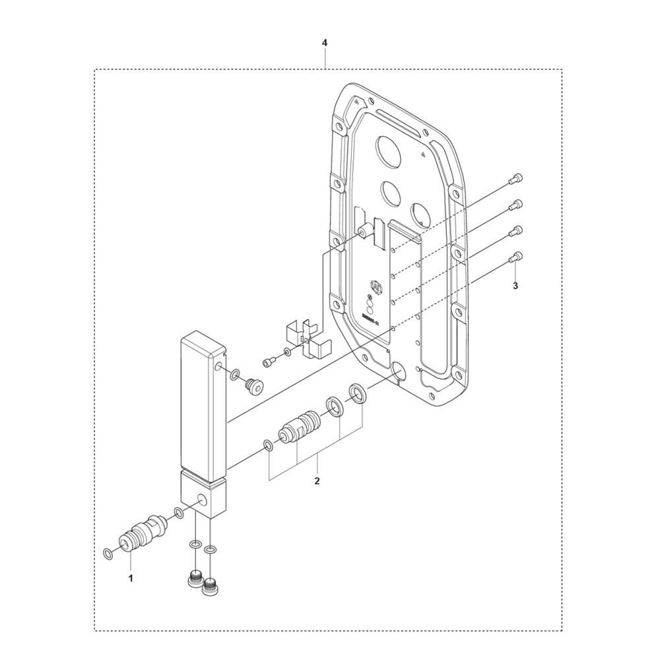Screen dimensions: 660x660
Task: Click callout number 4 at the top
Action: [324, 43]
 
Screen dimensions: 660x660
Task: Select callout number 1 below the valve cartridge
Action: [131, 578]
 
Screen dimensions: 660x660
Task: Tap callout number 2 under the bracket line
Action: [317, 481]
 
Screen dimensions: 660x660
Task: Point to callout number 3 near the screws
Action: [515, 286]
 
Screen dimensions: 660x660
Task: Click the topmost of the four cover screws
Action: [517, 179]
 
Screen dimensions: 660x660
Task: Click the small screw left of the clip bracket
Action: [269, 361]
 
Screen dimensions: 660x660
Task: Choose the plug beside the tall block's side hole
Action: [251, 384]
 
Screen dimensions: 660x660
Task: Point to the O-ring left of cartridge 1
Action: [108, 552]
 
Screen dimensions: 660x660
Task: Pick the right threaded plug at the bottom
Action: [211, 584]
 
